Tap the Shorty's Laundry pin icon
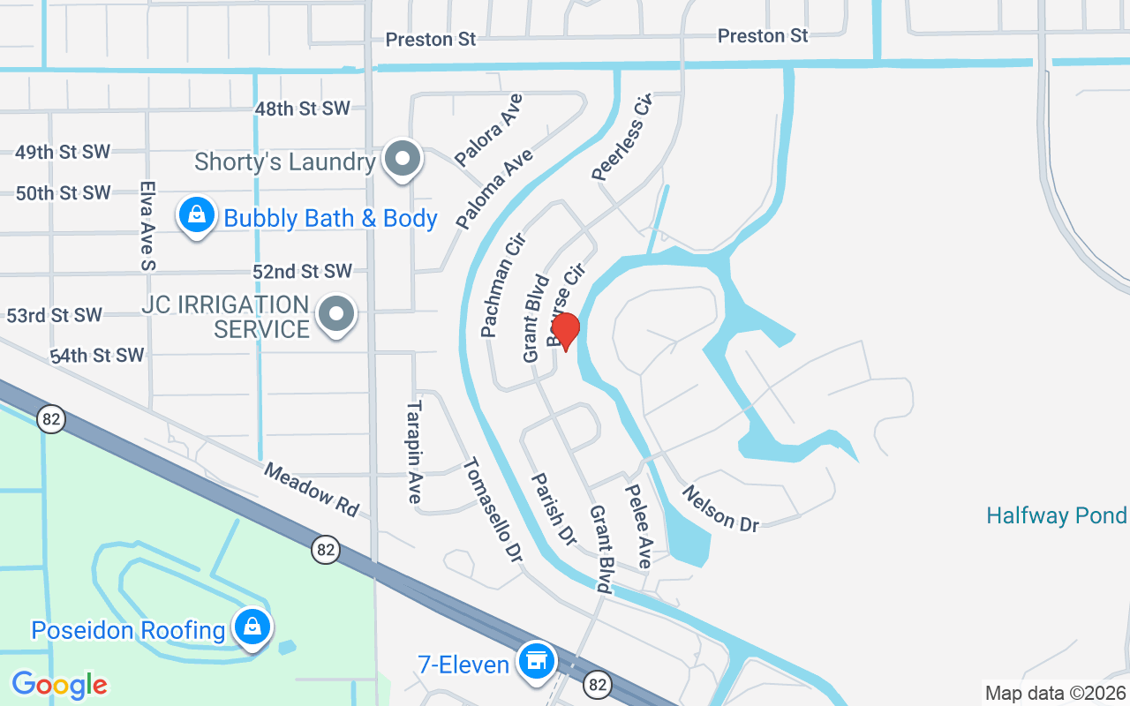(x=403, y=161)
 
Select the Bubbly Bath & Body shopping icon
(x=197, y=214)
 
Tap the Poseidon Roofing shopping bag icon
(x=252, y=627)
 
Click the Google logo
(x=59, y=684)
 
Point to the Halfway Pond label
(x=1056, y=515)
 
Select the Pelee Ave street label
(x=637, y=527)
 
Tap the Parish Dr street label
(x=553, y=509)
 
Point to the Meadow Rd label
(x=312, y=490)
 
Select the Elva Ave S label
(x=147, y=226)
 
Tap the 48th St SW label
(x=302, y=109)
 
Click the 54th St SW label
(x=96, y=356)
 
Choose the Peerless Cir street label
(x=621, y=138)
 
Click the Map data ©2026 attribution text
(x=1055, y=693)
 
